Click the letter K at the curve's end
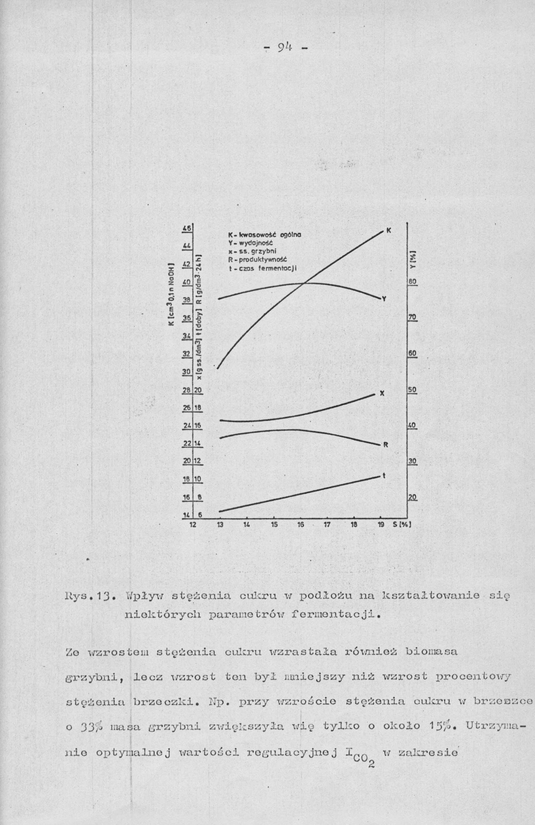[389, 230]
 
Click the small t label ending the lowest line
[384, 476]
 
